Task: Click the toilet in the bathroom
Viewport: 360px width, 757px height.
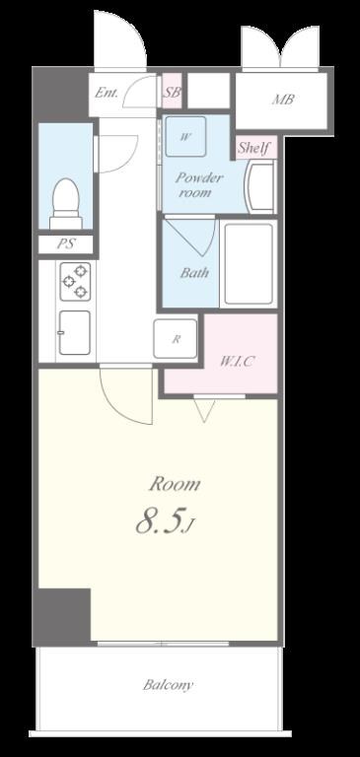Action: (x=66, y=204)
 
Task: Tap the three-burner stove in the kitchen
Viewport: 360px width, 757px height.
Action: (x=75, y=282)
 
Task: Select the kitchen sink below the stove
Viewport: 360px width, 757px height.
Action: (x=74, y=332)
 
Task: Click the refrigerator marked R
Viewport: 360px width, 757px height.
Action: (x=176, y=339)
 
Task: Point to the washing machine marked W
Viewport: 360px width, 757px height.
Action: (x=185, y=136)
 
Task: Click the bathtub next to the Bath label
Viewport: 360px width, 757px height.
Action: (x=249, y=263)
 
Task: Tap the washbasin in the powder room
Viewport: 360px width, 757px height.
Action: (x=261, y=187)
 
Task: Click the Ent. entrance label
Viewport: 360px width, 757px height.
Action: (x=106, y=93)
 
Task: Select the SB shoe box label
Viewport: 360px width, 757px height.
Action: (x=172, y=92)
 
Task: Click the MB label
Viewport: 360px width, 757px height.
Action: (x=283, y=100)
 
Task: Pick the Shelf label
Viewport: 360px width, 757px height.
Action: (x=253, y=147)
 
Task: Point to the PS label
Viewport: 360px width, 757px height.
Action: (x=66, y=243)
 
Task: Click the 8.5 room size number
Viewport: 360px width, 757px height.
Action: (x=161, y=521)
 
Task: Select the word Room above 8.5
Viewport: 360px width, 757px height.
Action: (x=174, y=484)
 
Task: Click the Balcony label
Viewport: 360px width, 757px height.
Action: (x=168, y=685)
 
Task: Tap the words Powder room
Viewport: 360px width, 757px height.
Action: (x=198, y=185)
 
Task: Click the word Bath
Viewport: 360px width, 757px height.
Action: (x=194, y=273)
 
